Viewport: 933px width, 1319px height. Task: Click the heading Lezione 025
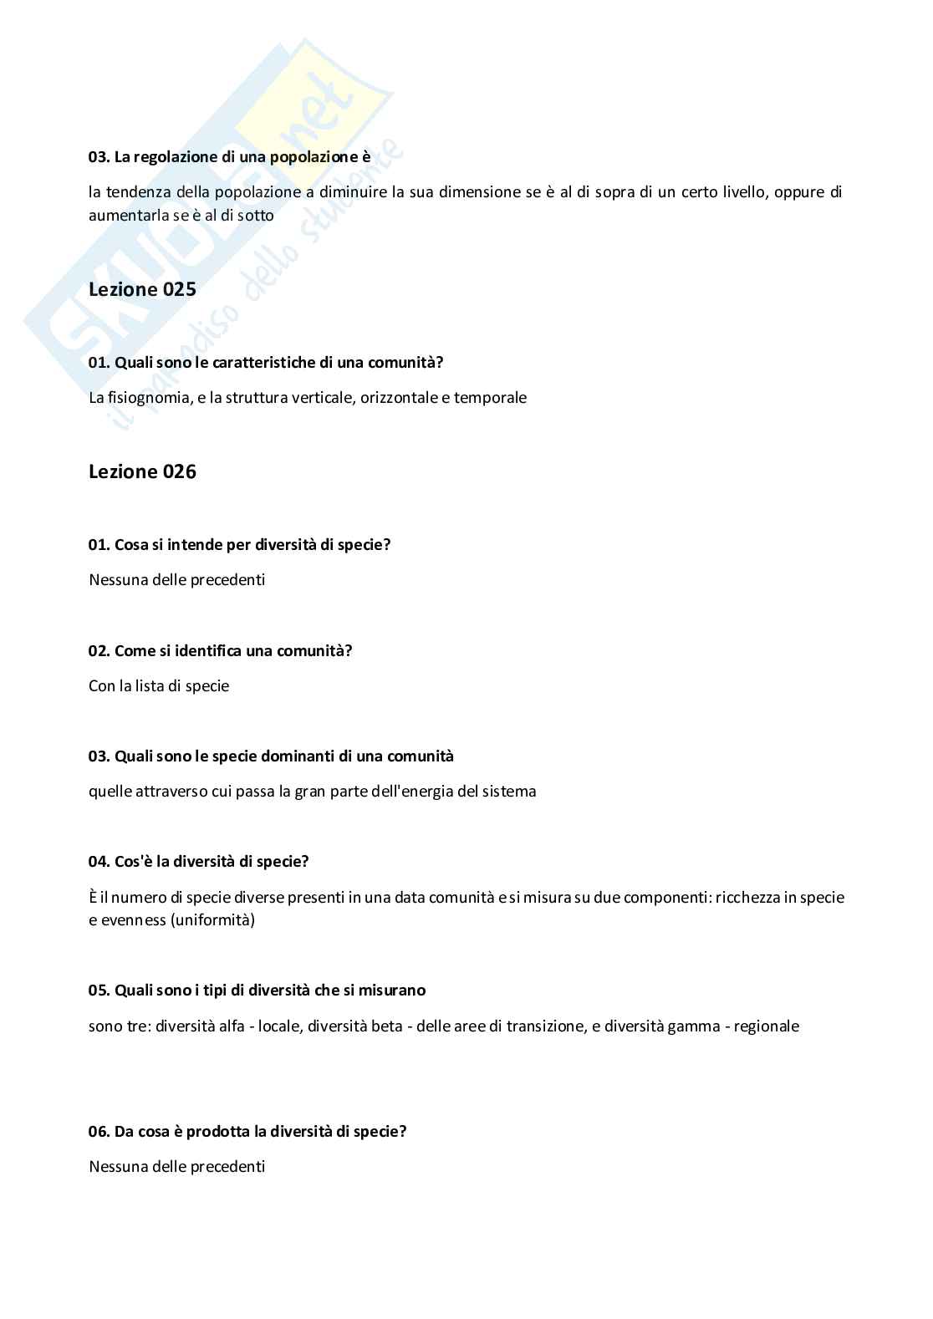[142, 289]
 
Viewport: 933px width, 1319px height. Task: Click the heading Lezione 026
[142, 471]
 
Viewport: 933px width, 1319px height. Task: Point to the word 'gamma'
[696, 1026]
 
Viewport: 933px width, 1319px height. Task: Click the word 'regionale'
[766, 1026]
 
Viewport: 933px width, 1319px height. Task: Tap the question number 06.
[99, 1132]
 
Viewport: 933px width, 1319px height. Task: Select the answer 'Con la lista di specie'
[159, 686]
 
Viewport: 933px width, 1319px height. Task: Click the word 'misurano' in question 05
[394, 991]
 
